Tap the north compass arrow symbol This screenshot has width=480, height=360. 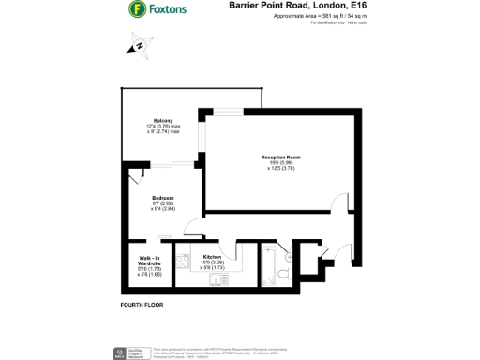(138, 44)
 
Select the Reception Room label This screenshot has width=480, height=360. (280, 157)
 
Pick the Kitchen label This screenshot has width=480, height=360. (212, 255)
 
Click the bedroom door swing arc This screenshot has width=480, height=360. (191, 225)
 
